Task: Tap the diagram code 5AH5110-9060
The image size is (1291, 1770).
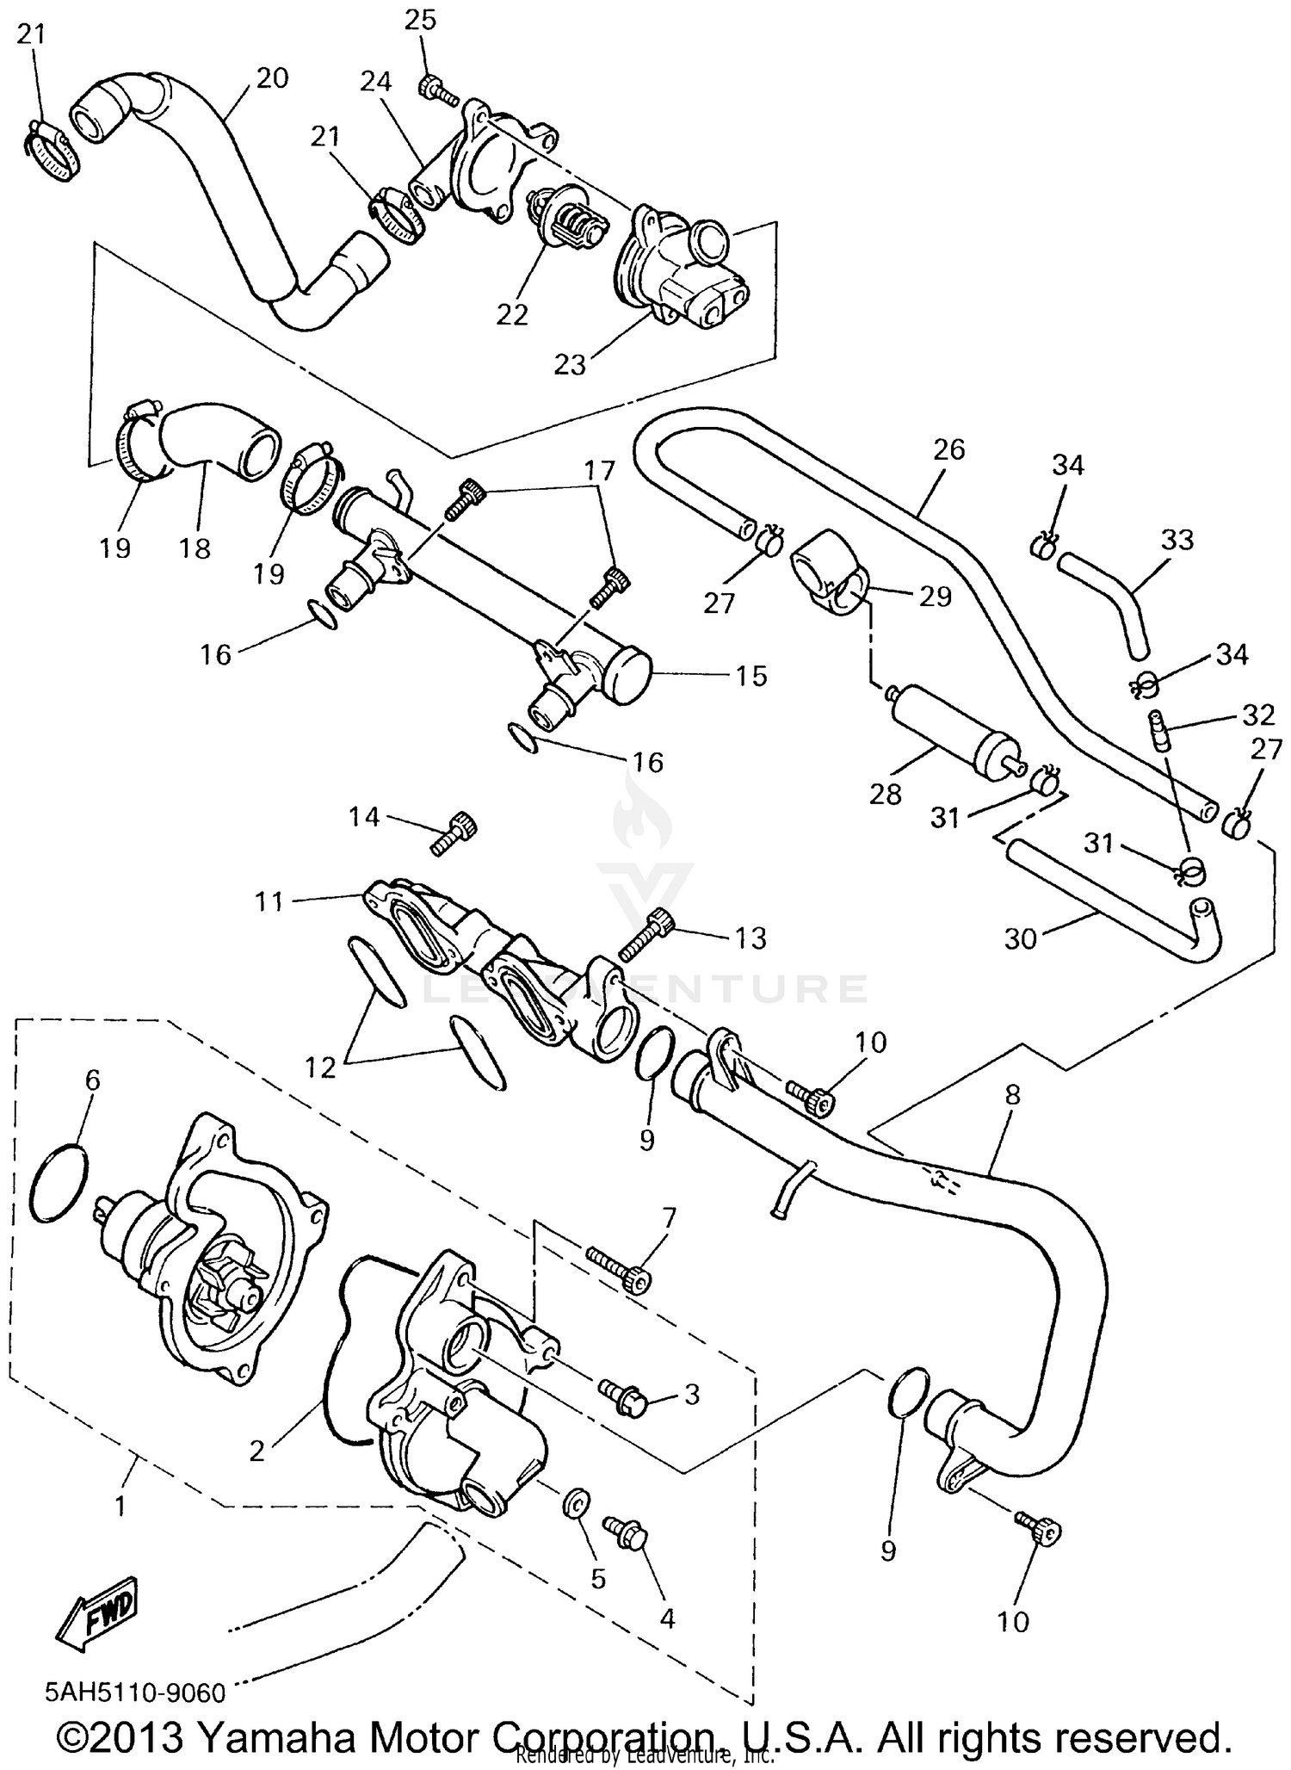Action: point(135,1693)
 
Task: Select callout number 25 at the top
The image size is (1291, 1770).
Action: point(421,19)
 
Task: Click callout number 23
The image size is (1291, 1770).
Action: point(570,365)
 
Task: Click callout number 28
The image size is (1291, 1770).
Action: point(885,794)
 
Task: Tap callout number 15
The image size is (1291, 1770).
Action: point(751,676)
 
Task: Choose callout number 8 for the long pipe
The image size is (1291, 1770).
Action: point(1012,1095)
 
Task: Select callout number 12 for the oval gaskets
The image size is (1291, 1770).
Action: point(320,1068)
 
